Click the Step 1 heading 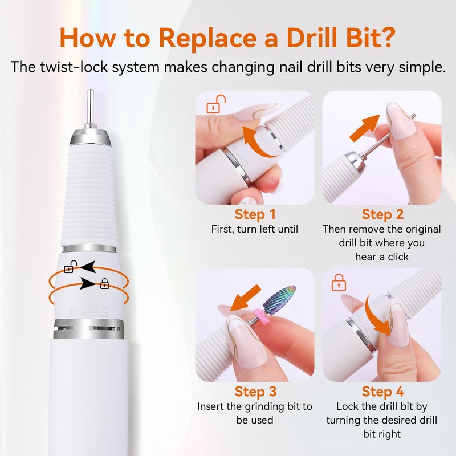255,214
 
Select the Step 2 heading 382,214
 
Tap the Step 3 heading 255,392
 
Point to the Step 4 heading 382,392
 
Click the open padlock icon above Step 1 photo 216,105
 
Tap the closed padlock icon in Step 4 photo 339,282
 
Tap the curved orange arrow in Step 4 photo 378,316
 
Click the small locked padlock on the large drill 104,283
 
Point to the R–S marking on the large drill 88,311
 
